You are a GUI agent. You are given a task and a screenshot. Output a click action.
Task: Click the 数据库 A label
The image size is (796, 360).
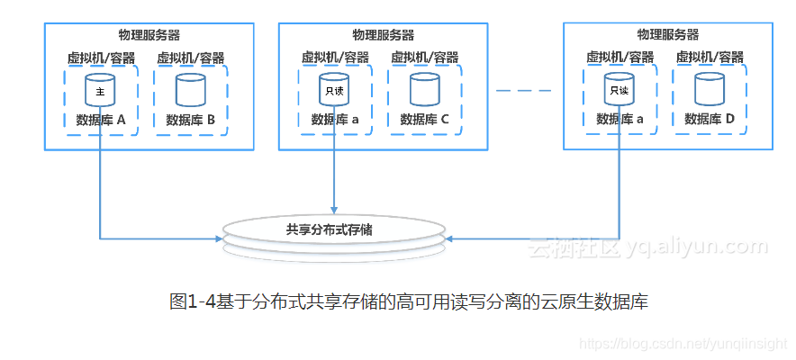(x=101, y=119)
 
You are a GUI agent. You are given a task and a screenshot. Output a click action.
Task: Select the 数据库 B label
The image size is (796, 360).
(x=191, y=119)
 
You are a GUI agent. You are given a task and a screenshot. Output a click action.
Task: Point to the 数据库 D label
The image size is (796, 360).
(x=710, y=119)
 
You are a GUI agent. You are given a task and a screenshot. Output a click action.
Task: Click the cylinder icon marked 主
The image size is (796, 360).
(x=101, y=91)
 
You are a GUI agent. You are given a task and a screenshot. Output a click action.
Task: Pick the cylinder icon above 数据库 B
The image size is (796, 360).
(x=190, y=91)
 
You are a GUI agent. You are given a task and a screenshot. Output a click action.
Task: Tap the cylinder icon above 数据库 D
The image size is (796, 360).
(x=710, y=91)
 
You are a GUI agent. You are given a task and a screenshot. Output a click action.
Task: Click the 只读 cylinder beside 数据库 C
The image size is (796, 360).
(x=335, y=91)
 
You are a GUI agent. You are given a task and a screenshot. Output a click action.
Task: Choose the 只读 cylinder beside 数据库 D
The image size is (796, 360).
(x=620, y=91)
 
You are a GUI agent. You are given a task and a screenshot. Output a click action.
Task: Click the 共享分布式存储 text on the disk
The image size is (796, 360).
(x=335, y=229)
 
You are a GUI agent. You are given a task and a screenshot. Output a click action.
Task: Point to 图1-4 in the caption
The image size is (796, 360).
(x=190, y=302)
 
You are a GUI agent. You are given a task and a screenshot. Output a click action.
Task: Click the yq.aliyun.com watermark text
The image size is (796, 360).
(x=697, y=246)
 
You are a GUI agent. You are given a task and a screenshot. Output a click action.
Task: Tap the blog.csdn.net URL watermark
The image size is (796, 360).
(x=684, y=345)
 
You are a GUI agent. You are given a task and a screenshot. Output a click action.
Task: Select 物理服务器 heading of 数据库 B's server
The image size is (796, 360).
(x=149, y=35)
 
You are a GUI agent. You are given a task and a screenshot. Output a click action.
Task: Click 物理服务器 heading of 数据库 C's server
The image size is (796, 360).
(x=384, y=35)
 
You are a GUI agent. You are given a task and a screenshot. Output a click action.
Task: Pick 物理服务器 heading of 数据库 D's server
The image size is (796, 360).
(x=668, y=35)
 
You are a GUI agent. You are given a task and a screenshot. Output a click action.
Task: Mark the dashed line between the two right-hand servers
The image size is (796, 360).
(x=523, y=90)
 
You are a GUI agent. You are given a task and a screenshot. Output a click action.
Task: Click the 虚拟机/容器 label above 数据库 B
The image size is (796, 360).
(x=191, y=58)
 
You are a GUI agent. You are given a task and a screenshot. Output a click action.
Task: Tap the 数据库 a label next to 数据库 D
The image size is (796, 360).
(x=620, y=119)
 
